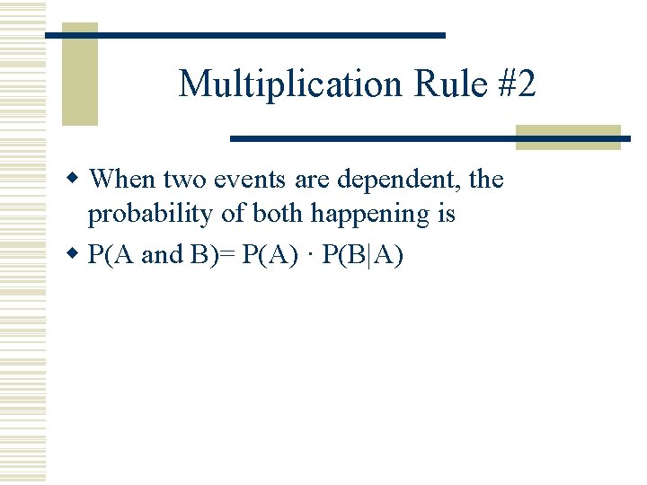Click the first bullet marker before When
[x=77, y=180]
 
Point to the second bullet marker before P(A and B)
[x=77, y=255]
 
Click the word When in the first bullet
[x=123, y=180]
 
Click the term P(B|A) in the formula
[x=362, y=255]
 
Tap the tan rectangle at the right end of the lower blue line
[x=568, y=137]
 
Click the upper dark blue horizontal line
[x=245, y=35]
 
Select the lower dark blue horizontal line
[x=422, y=139]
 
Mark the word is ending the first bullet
[x=447, y=214]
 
